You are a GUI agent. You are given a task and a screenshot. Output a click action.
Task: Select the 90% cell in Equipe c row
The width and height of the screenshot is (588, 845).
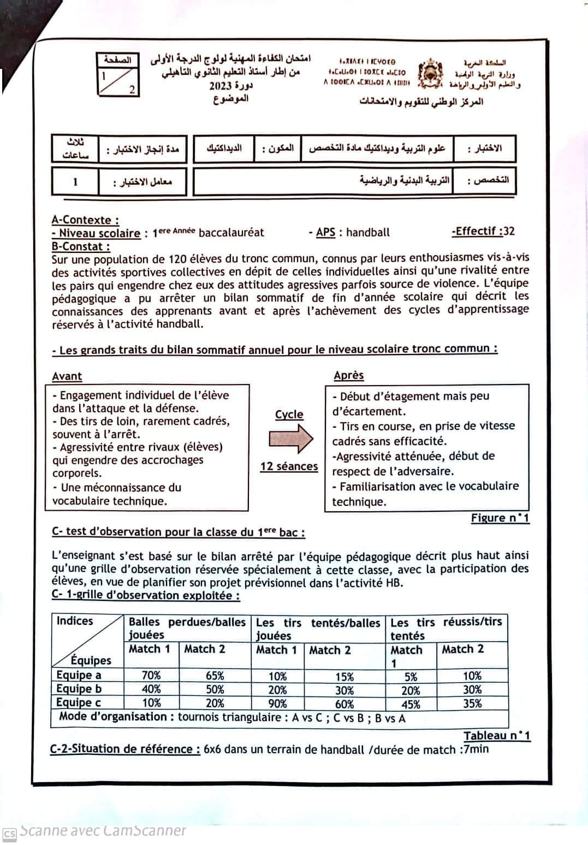(277, 704)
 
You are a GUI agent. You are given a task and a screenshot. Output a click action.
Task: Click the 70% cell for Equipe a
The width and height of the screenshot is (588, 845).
(151, 675)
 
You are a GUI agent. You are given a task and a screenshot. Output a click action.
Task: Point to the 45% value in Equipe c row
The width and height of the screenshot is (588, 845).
(411, 704)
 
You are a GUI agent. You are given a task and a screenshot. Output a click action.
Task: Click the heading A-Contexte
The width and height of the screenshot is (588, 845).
(85, 220)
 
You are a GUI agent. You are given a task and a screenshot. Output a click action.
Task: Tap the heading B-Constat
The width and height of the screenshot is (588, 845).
(81, 246)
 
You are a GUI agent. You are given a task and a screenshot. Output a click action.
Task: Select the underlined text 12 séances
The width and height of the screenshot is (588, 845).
(289, 466)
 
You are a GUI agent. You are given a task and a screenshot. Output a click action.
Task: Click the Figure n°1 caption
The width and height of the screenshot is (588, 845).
(500, 518)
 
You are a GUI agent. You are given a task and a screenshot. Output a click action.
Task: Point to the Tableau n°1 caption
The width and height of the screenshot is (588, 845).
(497, 735)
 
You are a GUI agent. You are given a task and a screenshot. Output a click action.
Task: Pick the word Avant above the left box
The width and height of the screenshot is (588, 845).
(67, 376)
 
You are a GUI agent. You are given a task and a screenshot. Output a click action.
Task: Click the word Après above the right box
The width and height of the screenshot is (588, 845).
(348, 375)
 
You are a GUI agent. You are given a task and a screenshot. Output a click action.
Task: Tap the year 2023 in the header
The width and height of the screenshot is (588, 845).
(220, 86)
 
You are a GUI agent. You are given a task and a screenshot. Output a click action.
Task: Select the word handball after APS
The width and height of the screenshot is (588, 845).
(368, 232)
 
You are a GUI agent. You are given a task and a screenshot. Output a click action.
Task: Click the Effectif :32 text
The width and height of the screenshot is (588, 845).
(483, 231)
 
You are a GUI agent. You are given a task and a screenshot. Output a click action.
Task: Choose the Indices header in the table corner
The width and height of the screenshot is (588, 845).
(75, 621)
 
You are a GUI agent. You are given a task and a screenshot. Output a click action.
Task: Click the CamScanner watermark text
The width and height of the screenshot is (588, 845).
(103, 831)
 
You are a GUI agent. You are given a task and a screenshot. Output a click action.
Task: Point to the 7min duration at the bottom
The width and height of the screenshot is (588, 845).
(475, 749)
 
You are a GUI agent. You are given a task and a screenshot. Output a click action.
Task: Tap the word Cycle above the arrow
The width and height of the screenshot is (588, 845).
(289, 415)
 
